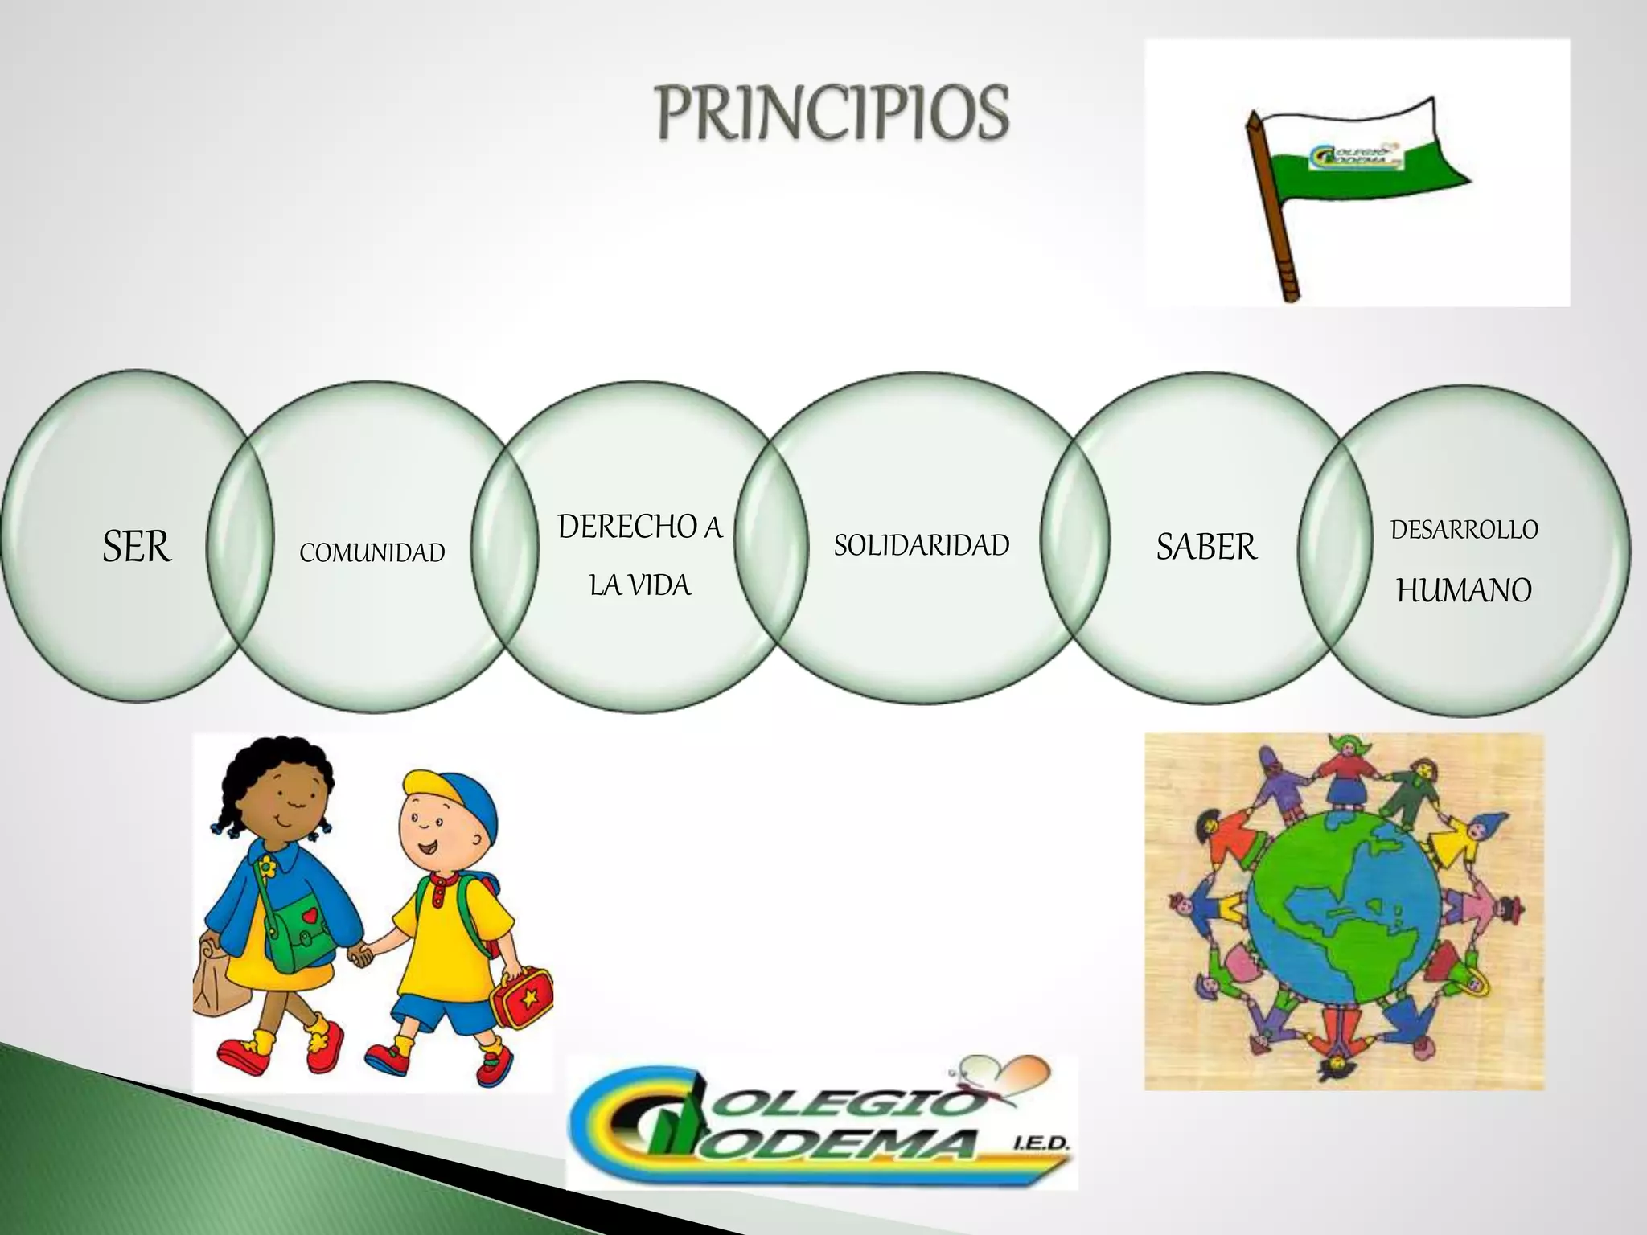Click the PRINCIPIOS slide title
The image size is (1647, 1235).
[x=833, y=113]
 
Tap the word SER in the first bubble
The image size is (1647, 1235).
[x=137, y=548]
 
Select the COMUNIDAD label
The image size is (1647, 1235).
[x=372, y=553]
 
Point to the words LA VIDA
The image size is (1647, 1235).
[x=640, y=585]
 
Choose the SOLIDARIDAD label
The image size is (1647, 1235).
[x=922, y=546]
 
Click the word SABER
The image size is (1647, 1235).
[x=1205, y=548]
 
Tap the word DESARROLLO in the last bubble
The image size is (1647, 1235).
[x=1464, y=530]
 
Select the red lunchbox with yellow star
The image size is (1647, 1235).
[x=522, y=996]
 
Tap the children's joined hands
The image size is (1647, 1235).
[x=361, y=955]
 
